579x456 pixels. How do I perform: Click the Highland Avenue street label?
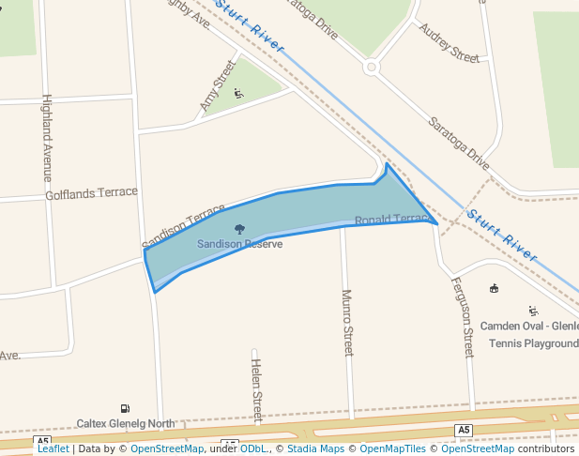point(47,138)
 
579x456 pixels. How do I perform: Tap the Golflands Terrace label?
point(91,194)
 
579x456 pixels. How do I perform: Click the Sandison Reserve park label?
point(239,244)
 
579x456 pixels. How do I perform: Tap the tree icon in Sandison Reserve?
point(239,229)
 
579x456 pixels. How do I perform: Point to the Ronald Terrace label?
point(391,220)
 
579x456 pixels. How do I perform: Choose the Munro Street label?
point(347,323)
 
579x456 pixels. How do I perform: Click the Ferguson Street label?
point(463,317)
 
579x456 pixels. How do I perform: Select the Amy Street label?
point(217,87)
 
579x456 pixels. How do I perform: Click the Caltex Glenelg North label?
point(126,423)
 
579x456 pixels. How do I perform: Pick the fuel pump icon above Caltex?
point(125,408)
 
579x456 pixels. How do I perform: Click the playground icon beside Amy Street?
point(238,92)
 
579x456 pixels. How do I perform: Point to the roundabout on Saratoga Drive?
point(371,67)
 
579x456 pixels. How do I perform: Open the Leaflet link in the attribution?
point(53,448)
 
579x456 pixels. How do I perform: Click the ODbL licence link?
point(253,448)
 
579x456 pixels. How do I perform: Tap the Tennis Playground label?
point(533,343)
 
